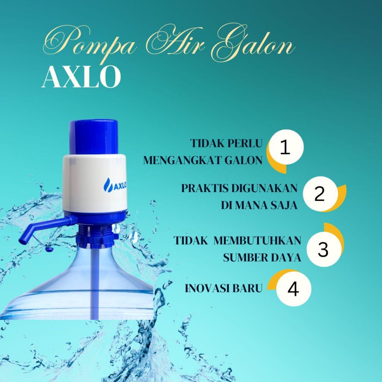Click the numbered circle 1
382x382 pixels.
pos(285,148)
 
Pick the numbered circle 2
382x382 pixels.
pos(320,194)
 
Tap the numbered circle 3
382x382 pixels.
pos(323,250)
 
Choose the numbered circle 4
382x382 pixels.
pos(294,289)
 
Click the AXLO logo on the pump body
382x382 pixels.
pos(115,185)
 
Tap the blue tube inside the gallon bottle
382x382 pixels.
pos(95,284)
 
